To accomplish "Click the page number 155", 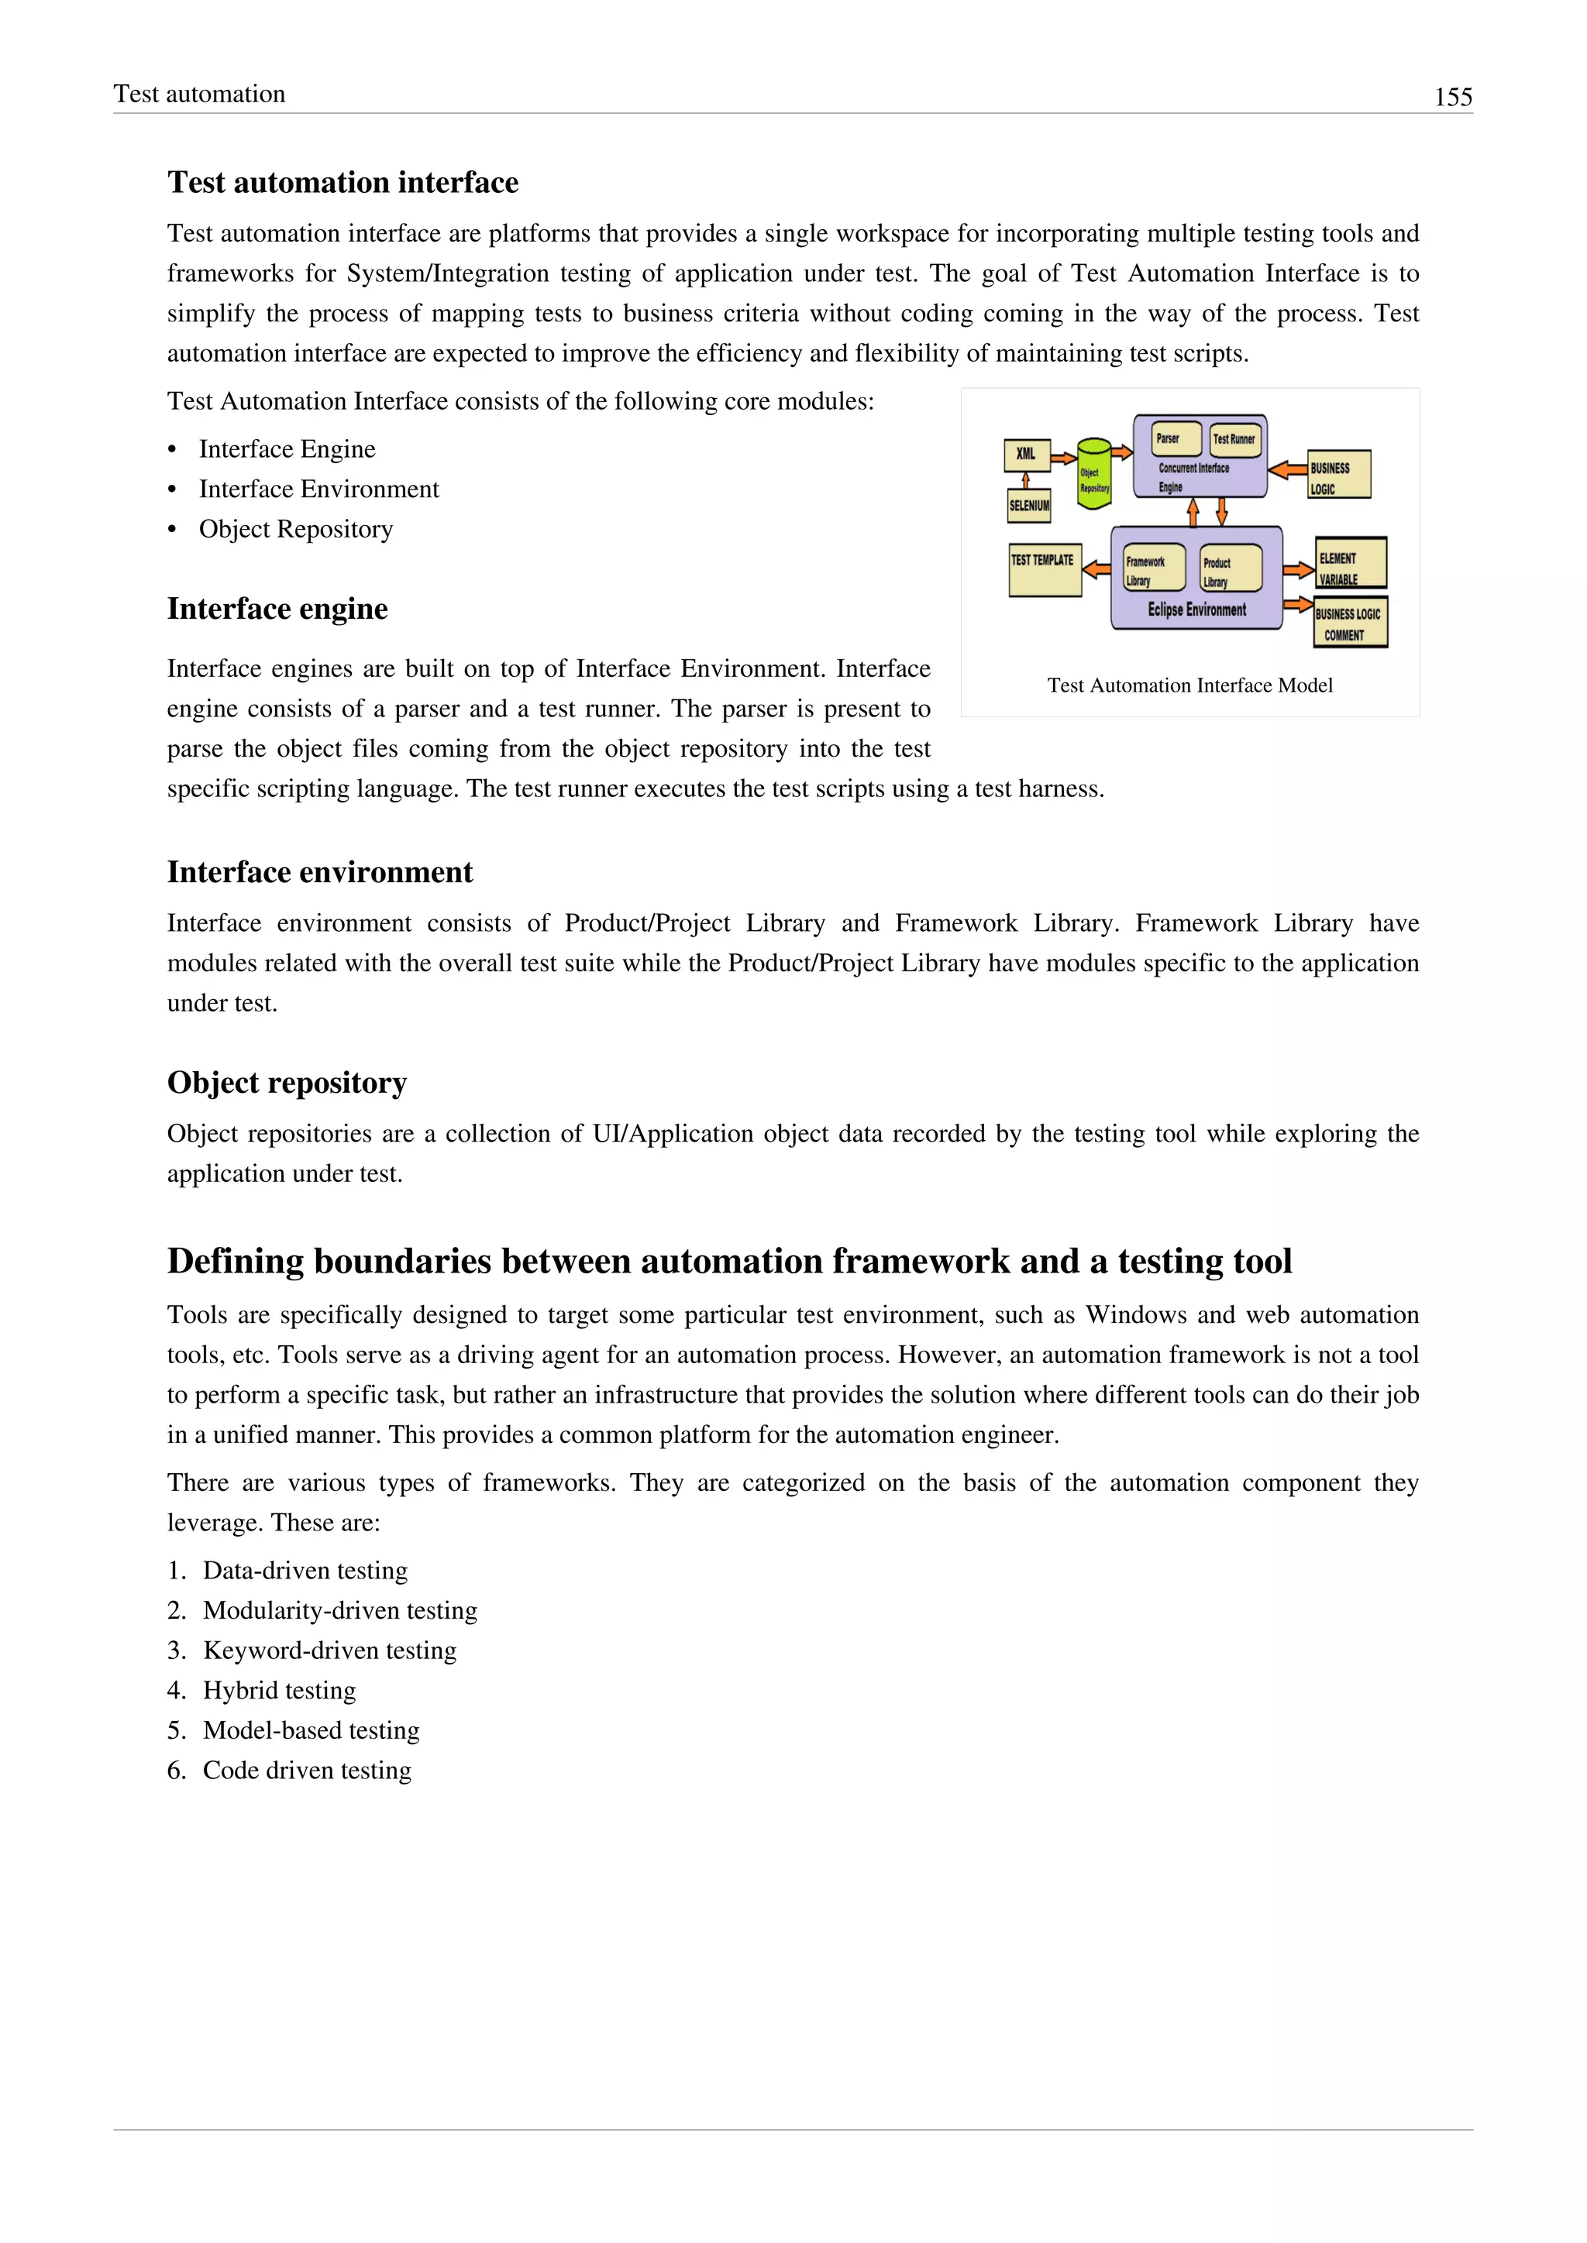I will pos(1452,97).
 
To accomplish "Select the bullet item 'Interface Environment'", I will pos(318,489).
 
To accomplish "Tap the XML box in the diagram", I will pos(1026,455).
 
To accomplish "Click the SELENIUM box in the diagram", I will pos(1029,505).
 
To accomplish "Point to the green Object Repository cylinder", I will pos(1093,475).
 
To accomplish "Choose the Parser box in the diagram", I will pos(1176,438).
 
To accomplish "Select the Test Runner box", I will pos(1234,438).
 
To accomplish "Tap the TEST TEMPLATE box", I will pos(1044,569).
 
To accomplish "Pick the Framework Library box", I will pos(1153,568).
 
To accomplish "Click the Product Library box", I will pos(1231,569).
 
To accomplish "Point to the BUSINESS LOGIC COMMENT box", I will pos(1350,622).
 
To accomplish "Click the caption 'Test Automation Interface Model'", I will pos(1189,685).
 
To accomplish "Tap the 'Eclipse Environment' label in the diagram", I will pos(1196,610).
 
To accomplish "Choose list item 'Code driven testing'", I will pos(306,1771).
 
